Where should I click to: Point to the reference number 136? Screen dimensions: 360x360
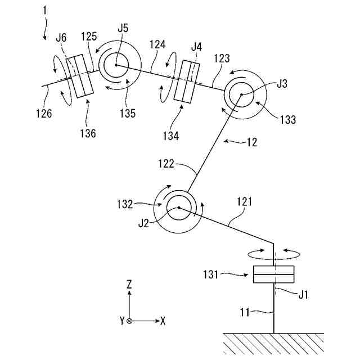88,133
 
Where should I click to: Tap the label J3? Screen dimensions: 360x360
282,84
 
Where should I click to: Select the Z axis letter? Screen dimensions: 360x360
129,285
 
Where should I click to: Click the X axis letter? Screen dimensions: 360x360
163,321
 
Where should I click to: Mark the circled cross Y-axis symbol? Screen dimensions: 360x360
129,321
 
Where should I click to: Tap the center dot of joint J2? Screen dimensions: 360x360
178,208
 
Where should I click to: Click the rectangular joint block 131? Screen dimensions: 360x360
273,274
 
